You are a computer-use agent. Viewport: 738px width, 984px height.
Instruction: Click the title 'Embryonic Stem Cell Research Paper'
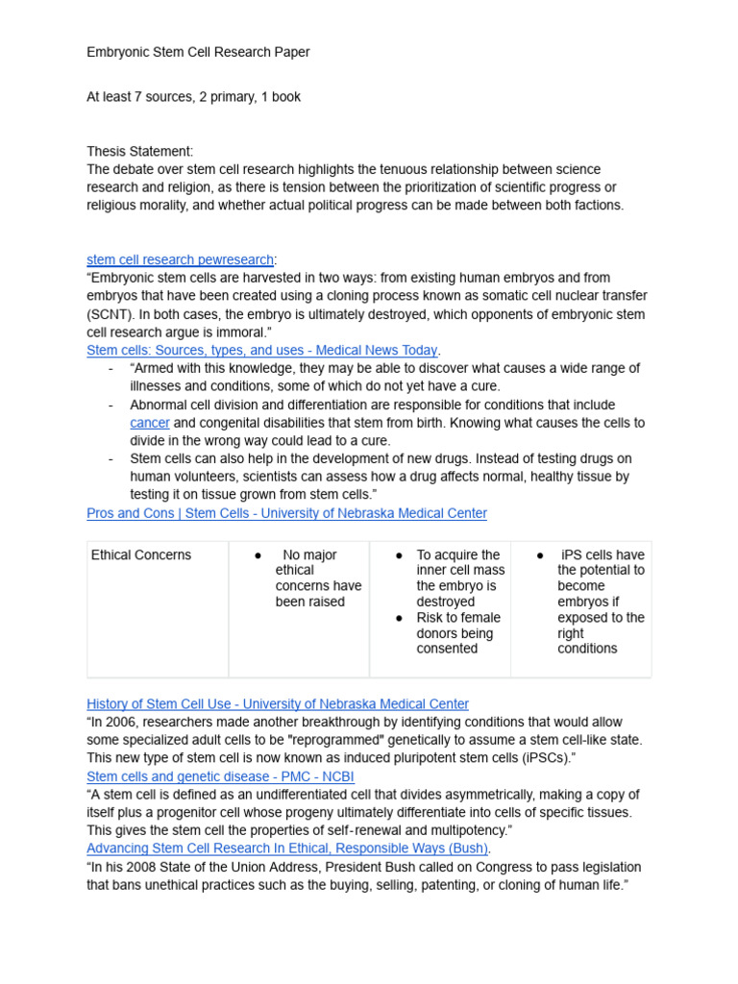198,52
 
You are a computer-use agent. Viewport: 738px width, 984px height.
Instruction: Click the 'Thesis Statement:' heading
139,151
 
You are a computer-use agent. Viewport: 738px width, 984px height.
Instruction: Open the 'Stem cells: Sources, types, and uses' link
261,350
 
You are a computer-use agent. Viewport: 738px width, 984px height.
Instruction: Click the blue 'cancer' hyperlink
150,423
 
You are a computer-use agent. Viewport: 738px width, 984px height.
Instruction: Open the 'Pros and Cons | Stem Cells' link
286,513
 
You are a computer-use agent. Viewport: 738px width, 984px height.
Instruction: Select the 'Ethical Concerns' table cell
140,555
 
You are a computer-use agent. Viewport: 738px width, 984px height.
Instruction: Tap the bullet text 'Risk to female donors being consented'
457,633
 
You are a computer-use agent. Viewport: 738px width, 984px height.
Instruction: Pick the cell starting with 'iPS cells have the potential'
601,602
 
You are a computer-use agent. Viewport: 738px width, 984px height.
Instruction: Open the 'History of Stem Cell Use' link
277,703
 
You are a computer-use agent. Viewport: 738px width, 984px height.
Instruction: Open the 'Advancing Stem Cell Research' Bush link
287,849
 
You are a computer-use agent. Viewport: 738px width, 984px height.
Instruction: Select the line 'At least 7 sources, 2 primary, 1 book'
193,97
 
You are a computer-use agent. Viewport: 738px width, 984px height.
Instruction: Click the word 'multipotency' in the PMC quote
461,830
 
